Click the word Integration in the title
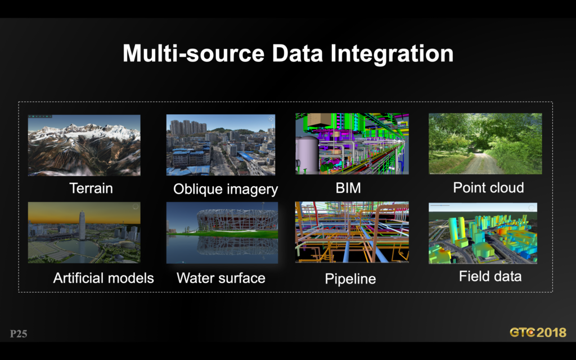pos(391,53)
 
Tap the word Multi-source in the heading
pos(193,53)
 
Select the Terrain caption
pos(91,188)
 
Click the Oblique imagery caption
pos(226,189)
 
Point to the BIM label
pos(348,188)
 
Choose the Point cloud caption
pos(488,188)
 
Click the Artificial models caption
pos(103,278)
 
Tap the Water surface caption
pos(220,278)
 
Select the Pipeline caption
pos(350,279)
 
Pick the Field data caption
pos(490,276)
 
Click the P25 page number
pos(19,334)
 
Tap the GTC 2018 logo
pos(538,332)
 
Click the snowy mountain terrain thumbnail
pos(84,145)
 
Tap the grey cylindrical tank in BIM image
pos(307,154)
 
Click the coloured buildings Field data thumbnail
pos(483,233)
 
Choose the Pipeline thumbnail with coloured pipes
pos(352,232)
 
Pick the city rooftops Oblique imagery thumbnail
pos(220,145)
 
